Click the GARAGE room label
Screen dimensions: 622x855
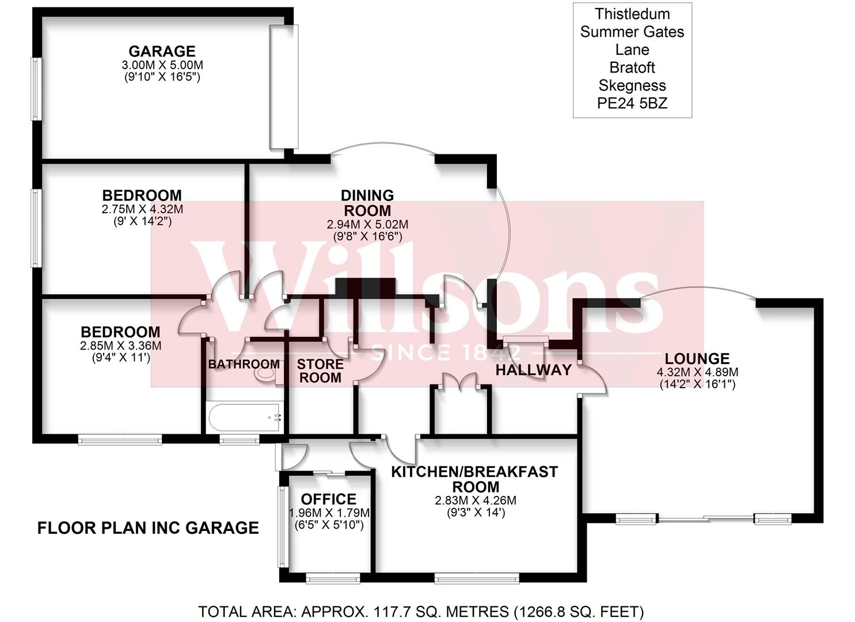(162, 51)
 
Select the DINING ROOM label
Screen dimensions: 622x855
(367, 203)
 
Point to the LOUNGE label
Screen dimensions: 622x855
(697, 359)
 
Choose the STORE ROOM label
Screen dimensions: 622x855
(320, 371)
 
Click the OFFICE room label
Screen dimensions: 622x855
(329, 499)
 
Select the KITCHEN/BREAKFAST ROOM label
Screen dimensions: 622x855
(474, 479)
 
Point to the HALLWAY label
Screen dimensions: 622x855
(534, 370)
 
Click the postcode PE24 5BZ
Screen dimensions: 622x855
(632, 104)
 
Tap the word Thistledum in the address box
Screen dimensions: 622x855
(632, 14)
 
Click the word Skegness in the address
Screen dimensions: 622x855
(632, 86)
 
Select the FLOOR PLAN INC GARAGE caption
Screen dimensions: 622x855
(148, 528)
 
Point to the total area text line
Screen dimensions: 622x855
(421, 611)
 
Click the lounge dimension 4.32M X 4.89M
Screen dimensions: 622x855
(697, 373)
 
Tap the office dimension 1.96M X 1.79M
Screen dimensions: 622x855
(329, 513)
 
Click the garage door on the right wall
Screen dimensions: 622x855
(284, 86)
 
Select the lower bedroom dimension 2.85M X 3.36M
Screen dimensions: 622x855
(120, 346)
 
